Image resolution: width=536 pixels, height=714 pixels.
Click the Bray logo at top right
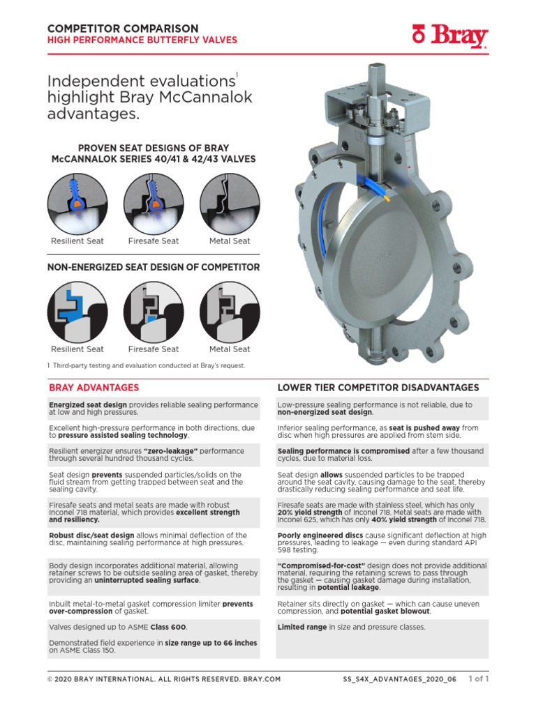coord(449,36)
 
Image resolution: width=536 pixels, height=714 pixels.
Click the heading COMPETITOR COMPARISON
coord(122,28)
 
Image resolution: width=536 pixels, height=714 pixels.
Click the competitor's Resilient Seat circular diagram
coord(77,312)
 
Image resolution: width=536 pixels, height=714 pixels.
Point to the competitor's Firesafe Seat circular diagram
coord(154,312)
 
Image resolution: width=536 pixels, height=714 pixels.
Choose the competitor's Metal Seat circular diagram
coord(230,312)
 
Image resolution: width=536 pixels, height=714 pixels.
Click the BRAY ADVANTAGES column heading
coord(94,388)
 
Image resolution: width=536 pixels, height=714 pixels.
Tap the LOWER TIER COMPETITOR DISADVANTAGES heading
coord(378,388)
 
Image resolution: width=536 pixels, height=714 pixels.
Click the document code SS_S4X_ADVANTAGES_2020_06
coord(399,678)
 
